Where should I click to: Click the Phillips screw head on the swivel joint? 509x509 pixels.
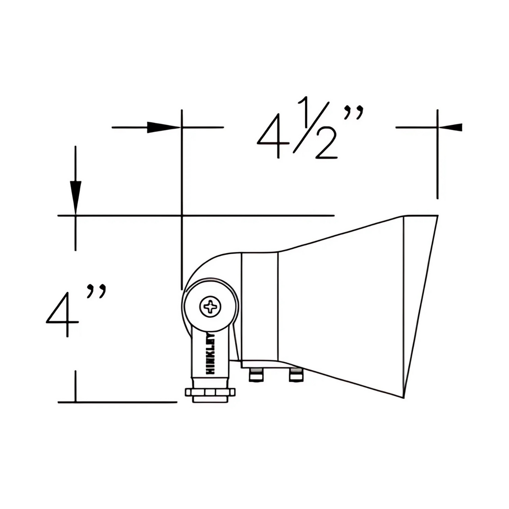[x=210, y=307]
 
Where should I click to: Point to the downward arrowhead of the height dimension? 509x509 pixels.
[x=76, y=198]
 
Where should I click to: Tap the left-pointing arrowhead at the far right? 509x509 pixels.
[x=450, y=127]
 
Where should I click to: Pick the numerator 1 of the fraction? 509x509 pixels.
[x=307, y=111]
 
